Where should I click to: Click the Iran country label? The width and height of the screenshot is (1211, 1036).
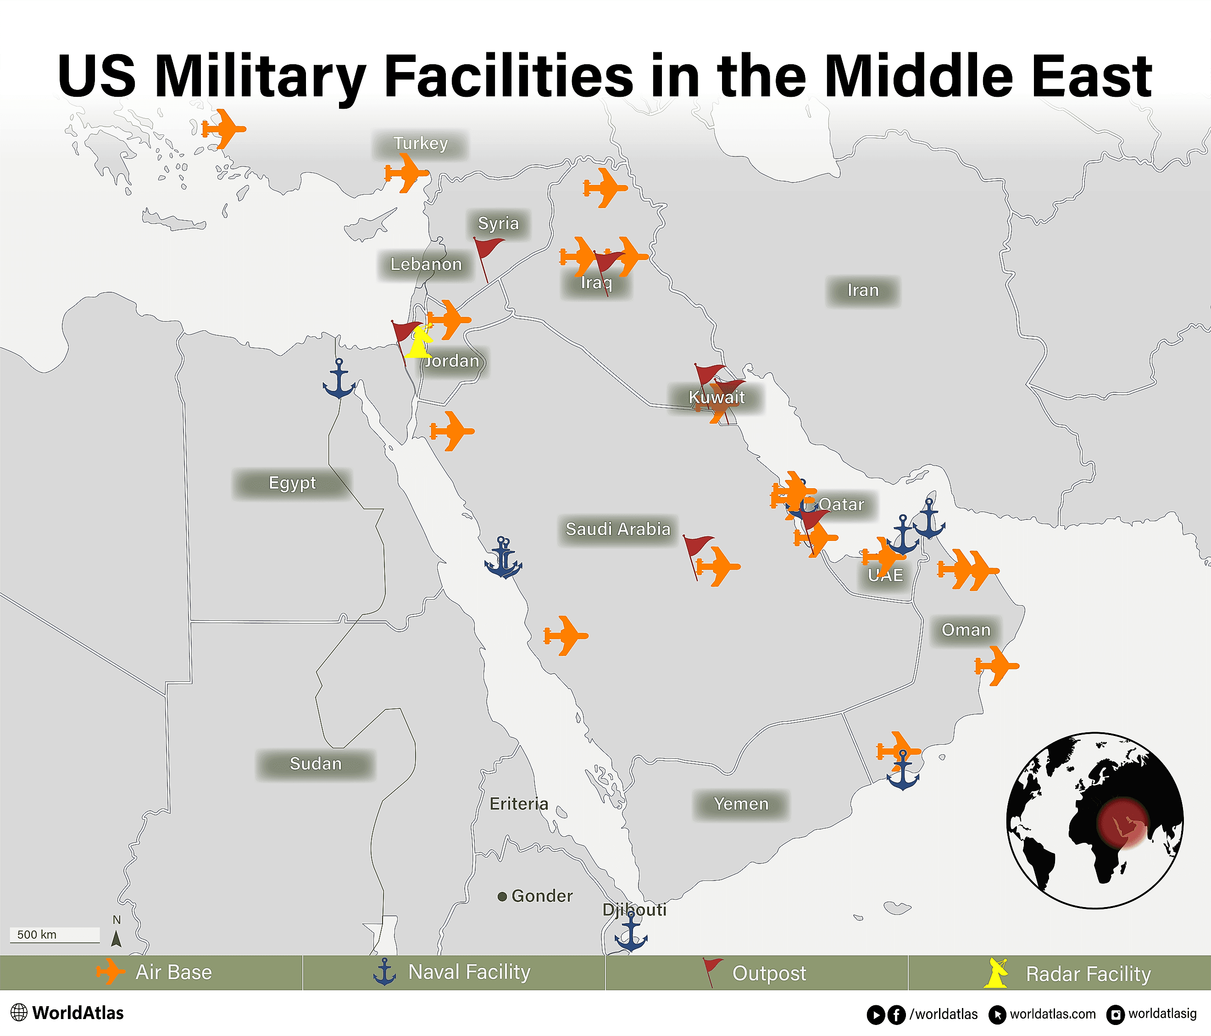863,290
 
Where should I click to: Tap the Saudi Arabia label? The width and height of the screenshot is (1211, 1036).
618,529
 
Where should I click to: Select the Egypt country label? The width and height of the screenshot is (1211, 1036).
292,483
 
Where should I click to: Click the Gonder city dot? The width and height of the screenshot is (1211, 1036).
501,896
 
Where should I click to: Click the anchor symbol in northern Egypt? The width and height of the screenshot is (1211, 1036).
339,380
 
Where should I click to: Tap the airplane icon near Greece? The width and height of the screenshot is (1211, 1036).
223,128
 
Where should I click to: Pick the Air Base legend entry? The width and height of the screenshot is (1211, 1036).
155,972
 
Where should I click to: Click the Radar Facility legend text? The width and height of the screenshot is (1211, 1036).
1088,974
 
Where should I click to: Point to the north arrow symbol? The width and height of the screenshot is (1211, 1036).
117,938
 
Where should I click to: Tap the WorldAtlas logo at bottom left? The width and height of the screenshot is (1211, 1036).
67,1013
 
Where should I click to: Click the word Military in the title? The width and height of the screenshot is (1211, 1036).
260,76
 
